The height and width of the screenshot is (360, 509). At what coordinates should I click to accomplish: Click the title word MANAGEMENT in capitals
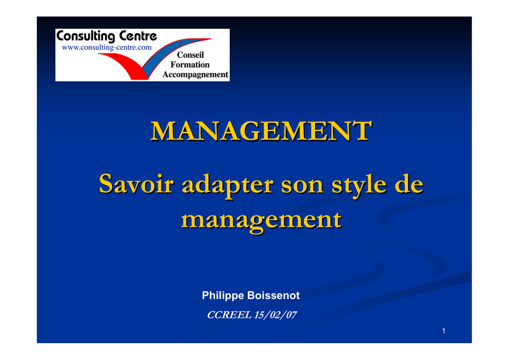pos(261,131)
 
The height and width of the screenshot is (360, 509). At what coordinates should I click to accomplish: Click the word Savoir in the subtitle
pos(136,184)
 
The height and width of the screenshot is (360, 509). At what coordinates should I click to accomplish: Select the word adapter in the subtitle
pos(228,185)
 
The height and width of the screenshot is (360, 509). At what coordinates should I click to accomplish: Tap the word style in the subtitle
pos(359,185)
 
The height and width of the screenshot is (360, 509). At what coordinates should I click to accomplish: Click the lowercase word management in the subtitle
pos(261,221)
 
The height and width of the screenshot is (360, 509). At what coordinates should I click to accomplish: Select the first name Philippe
pos(223,296)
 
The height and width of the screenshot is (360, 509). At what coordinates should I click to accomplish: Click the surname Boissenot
pos(274,295)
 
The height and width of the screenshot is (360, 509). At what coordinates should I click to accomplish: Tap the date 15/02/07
pos(275,315)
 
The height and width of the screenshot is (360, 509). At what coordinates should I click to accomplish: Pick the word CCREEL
pos(229,315)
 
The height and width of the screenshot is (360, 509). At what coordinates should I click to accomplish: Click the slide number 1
pos(443,331)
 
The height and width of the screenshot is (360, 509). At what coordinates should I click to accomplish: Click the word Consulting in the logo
pos(85,36)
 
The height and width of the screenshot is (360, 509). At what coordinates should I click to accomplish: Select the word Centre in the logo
pos(138,36)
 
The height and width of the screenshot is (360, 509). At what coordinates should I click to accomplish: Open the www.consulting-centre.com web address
pos(106,47)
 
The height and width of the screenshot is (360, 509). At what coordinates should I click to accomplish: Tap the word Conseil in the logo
pos(190,55)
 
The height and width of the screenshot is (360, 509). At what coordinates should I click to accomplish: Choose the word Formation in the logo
pos(190,65)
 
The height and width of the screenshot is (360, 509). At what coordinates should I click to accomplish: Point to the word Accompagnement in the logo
pos(195,75)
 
